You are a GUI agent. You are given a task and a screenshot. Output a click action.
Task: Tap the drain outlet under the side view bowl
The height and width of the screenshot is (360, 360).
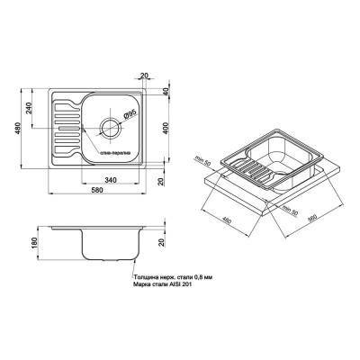click(111, 260)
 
